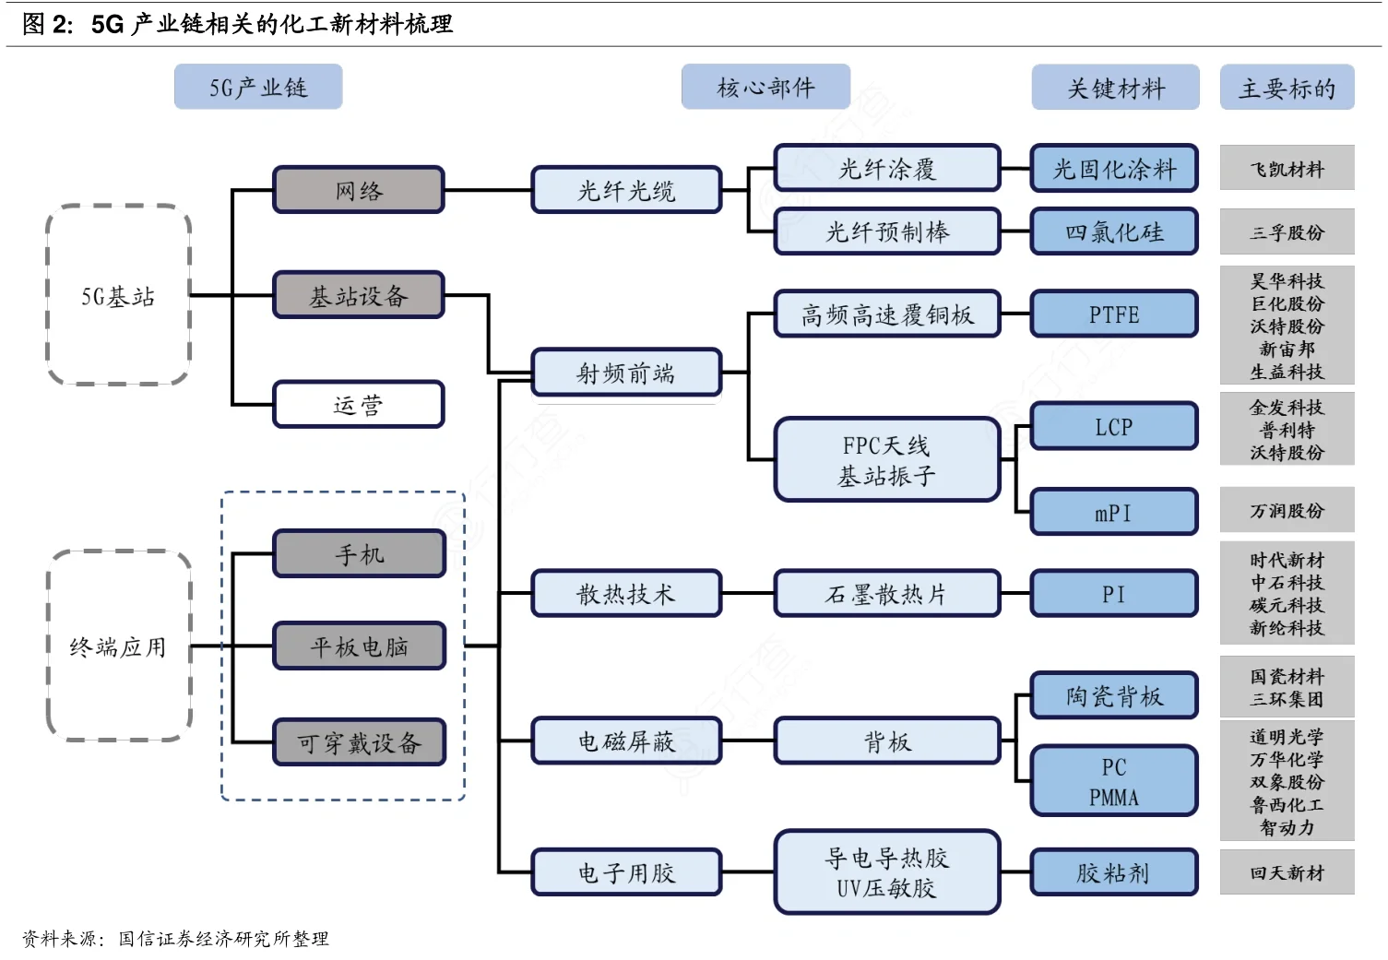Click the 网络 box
[358, 190]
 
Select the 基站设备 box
[358, 295]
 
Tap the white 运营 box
[358, 405]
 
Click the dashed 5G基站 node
[118, 295]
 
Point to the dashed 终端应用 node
[118, 646]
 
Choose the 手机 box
[359, 553]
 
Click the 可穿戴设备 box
[359, 742]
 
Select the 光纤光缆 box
[626, 190]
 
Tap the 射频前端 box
[626, 373]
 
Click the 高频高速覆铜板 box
[886, 314]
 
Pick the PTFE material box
[1113, 314]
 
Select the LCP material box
[1113, 427]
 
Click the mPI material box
[1113, 513]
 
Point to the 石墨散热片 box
[886, 594]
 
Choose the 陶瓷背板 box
[1113, 695]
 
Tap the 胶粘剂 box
[1113, 872]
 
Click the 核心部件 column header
[765, 88]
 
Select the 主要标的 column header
[1287, 88]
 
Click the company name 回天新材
[1287, 872]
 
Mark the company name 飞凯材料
[1287, 169]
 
